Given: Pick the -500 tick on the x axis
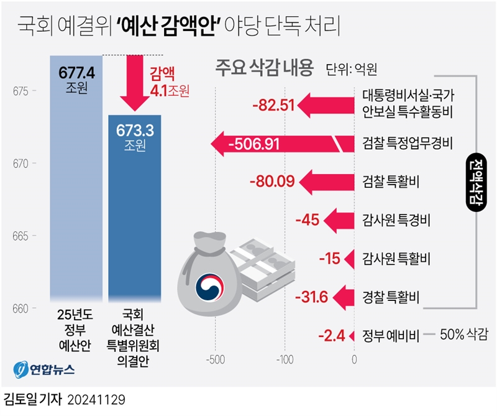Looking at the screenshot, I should (x=215, y=359).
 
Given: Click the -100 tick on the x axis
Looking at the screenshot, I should (x=284, y=359).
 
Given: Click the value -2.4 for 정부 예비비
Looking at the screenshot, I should (x=331, y=336).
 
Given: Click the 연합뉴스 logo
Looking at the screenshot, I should (x=45, y=368).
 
